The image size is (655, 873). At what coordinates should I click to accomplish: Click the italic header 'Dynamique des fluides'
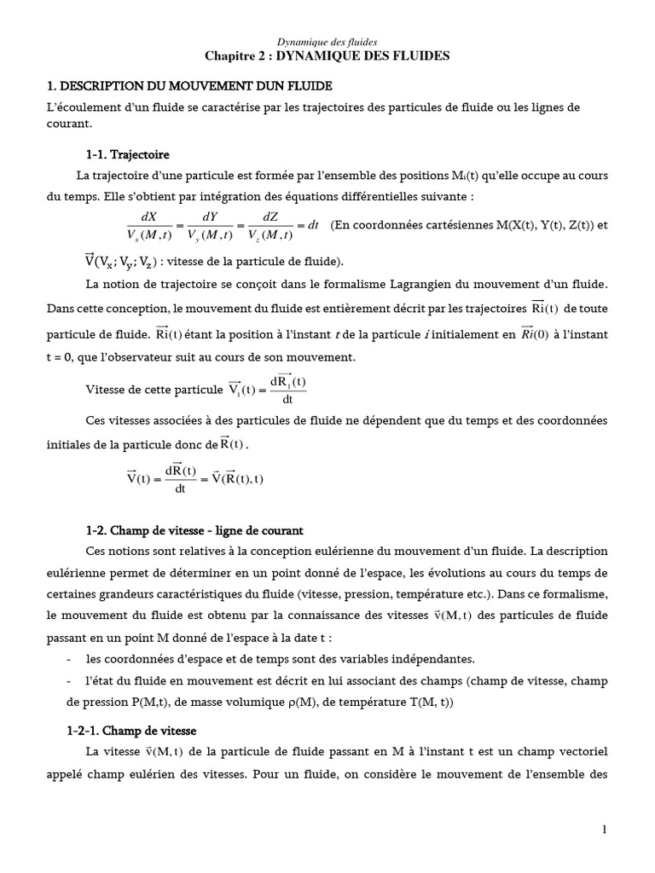click(x=327, y=41)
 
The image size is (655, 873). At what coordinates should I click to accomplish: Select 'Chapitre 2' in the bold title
click(x=235, y=55)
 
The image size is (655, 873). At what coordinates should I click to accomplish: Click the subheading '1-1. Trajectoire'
click(x=127, y=155)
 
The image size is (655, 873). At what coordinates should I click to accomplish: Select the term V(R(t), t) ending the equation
click(x=237, y=478)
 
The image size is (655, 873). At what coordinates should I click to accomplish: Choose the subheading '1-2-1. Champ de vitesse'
click(x=132, y=731)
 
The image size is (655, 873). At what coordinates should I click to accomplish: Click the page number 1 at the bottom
click(x=603, y=830)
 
